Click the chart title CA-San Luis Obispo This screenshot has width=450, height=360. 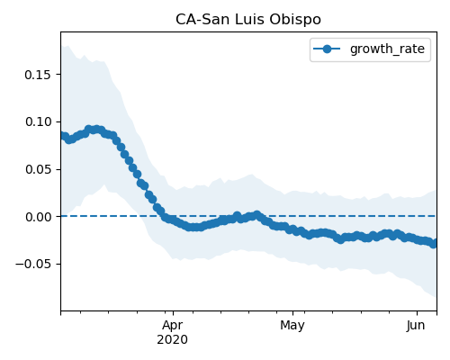coord(248,20)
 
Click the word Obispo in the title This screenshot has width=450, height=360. coord(295,20)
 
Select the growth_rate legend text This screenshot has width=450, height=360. coord(387,49)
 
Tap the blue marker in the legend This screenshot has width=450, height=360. coord(327,49)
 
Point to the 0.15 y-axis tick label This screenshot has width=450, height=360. coord(38,75)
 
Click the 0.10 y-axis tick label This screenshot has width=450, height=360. coord(38,122)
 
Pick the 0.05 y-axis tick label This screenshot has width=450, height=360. coord(38,169)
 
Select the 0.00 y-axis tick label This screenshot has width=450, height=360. coord(38,217)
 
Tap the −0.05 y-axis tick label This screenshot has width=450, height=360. coord(33,265)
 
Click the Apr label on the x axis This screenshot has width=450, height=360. coord(172,326)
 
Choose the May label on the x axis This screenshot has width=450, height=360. coord(292,326)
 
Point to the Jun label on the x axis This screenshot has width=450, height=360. coord(416,326)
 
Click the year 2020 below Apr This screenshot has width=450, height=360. coord(172,340)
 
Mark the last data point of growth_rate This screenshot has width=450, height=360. coord(433,244)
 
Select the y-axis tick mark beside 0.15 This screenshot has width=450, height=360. coord(58,75)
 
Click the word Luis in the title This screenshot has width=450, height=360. coord(249,20)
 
